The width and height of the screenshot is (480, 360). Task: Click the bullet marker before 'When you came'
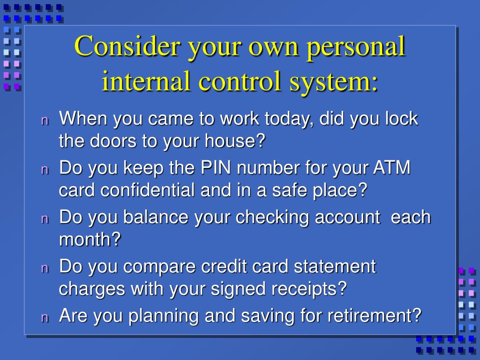point(45,120)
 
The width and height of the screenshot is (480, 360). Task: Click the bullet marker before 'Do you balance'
point(45,219)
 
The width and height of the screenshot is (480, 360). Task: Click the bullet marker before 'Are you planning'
point(45,317)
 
